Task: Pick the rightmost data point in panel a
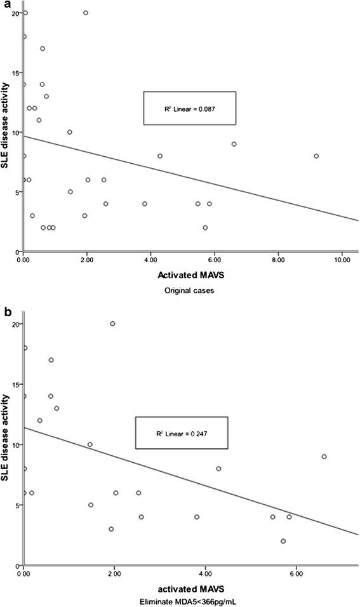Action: tap(316, 156)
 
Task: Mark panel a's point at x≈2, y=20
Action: tap(86, 13)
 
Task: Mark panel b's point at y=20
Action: tap(112, 324)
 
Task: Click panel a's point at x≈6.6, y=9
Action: tap(234, 144)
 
